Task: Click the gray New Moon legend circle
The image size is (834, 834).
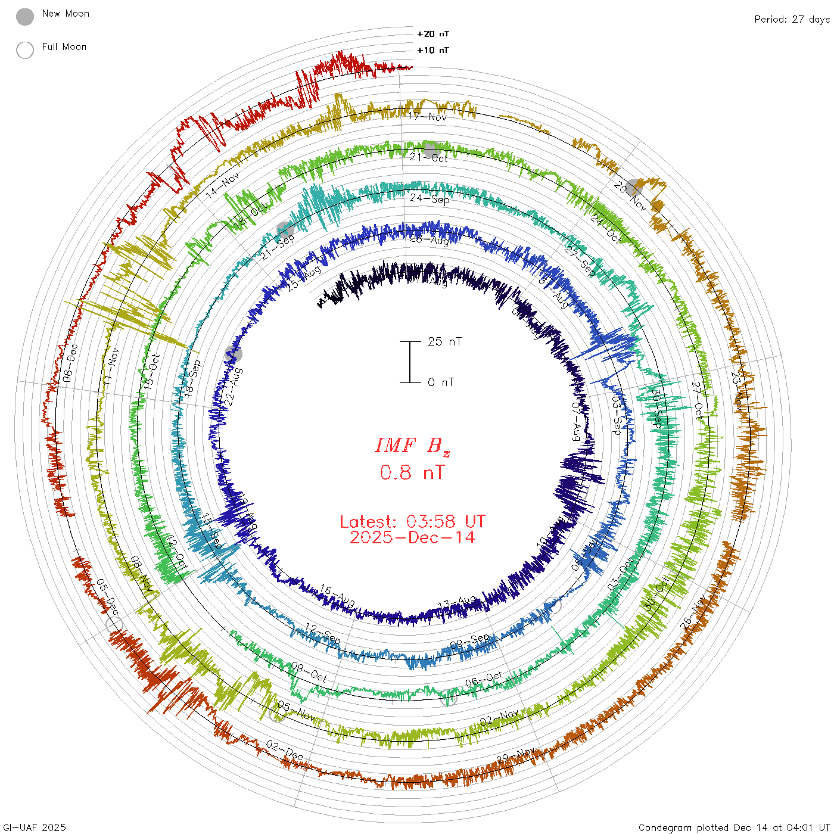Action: [25, 17]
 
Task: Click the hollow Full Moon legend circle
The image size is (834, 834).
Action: [25, 50]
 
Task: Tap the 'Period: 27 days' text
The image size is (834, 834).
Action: [792, 19]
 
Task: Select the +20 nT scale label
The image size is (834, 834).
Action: [432, 34]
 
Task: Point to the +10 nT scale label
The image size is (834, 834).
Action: [432, 50]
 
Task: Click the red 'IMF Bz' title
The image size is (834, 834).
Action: [412, 446]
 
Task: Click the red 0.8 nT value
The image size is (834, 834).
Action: [412, 472]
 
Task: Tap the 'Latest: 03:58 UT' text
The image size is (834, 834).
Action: [412, 521]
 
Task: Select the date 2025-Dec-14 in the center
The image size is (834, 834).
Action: [412, 537]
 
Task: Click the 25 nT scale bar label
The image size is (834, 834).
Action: [444, 341]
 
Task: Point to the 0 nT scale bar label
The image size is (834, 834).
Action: [441, 382]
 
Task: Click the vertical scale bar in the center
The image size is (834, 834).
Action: [410, 362]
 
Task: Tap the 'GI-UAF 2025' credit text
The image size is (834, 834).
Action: [34, 827]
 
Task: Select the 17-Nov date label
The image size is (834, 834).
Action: [428, 117]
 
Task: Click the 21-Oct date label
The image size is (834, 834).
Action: [429, 157]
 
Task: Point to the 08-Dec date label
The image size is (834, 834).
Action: [70, 362]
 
